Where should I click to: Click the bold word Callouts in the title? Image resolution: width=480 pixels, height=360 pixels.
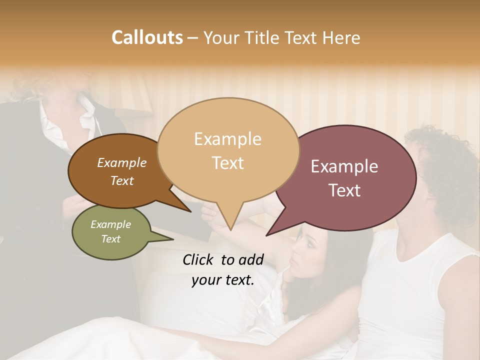[147, 37]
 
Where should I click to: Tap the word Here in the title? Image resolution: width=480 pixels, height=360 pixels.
[340, 37]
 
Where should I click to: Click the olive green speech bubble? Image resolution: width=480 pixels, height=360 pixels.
[111, 232]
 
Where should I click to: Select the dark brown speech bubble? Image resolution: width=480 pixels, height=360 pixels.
[117, 171]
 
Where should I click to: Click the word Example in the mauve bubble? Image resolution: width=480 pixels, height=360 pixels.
[344, 167]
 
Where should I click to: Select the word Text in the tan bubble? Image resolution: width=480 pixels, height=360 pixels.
[228, 163]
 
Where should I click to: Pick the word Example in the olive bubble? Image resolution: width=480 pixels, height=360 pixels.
[111, 224]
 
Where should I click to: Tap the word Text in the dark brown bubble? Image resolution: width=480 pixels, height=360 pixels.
[122, 181]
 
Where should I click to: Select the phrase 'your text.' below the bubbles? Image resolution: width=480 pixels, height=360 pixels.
[223, 280]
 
